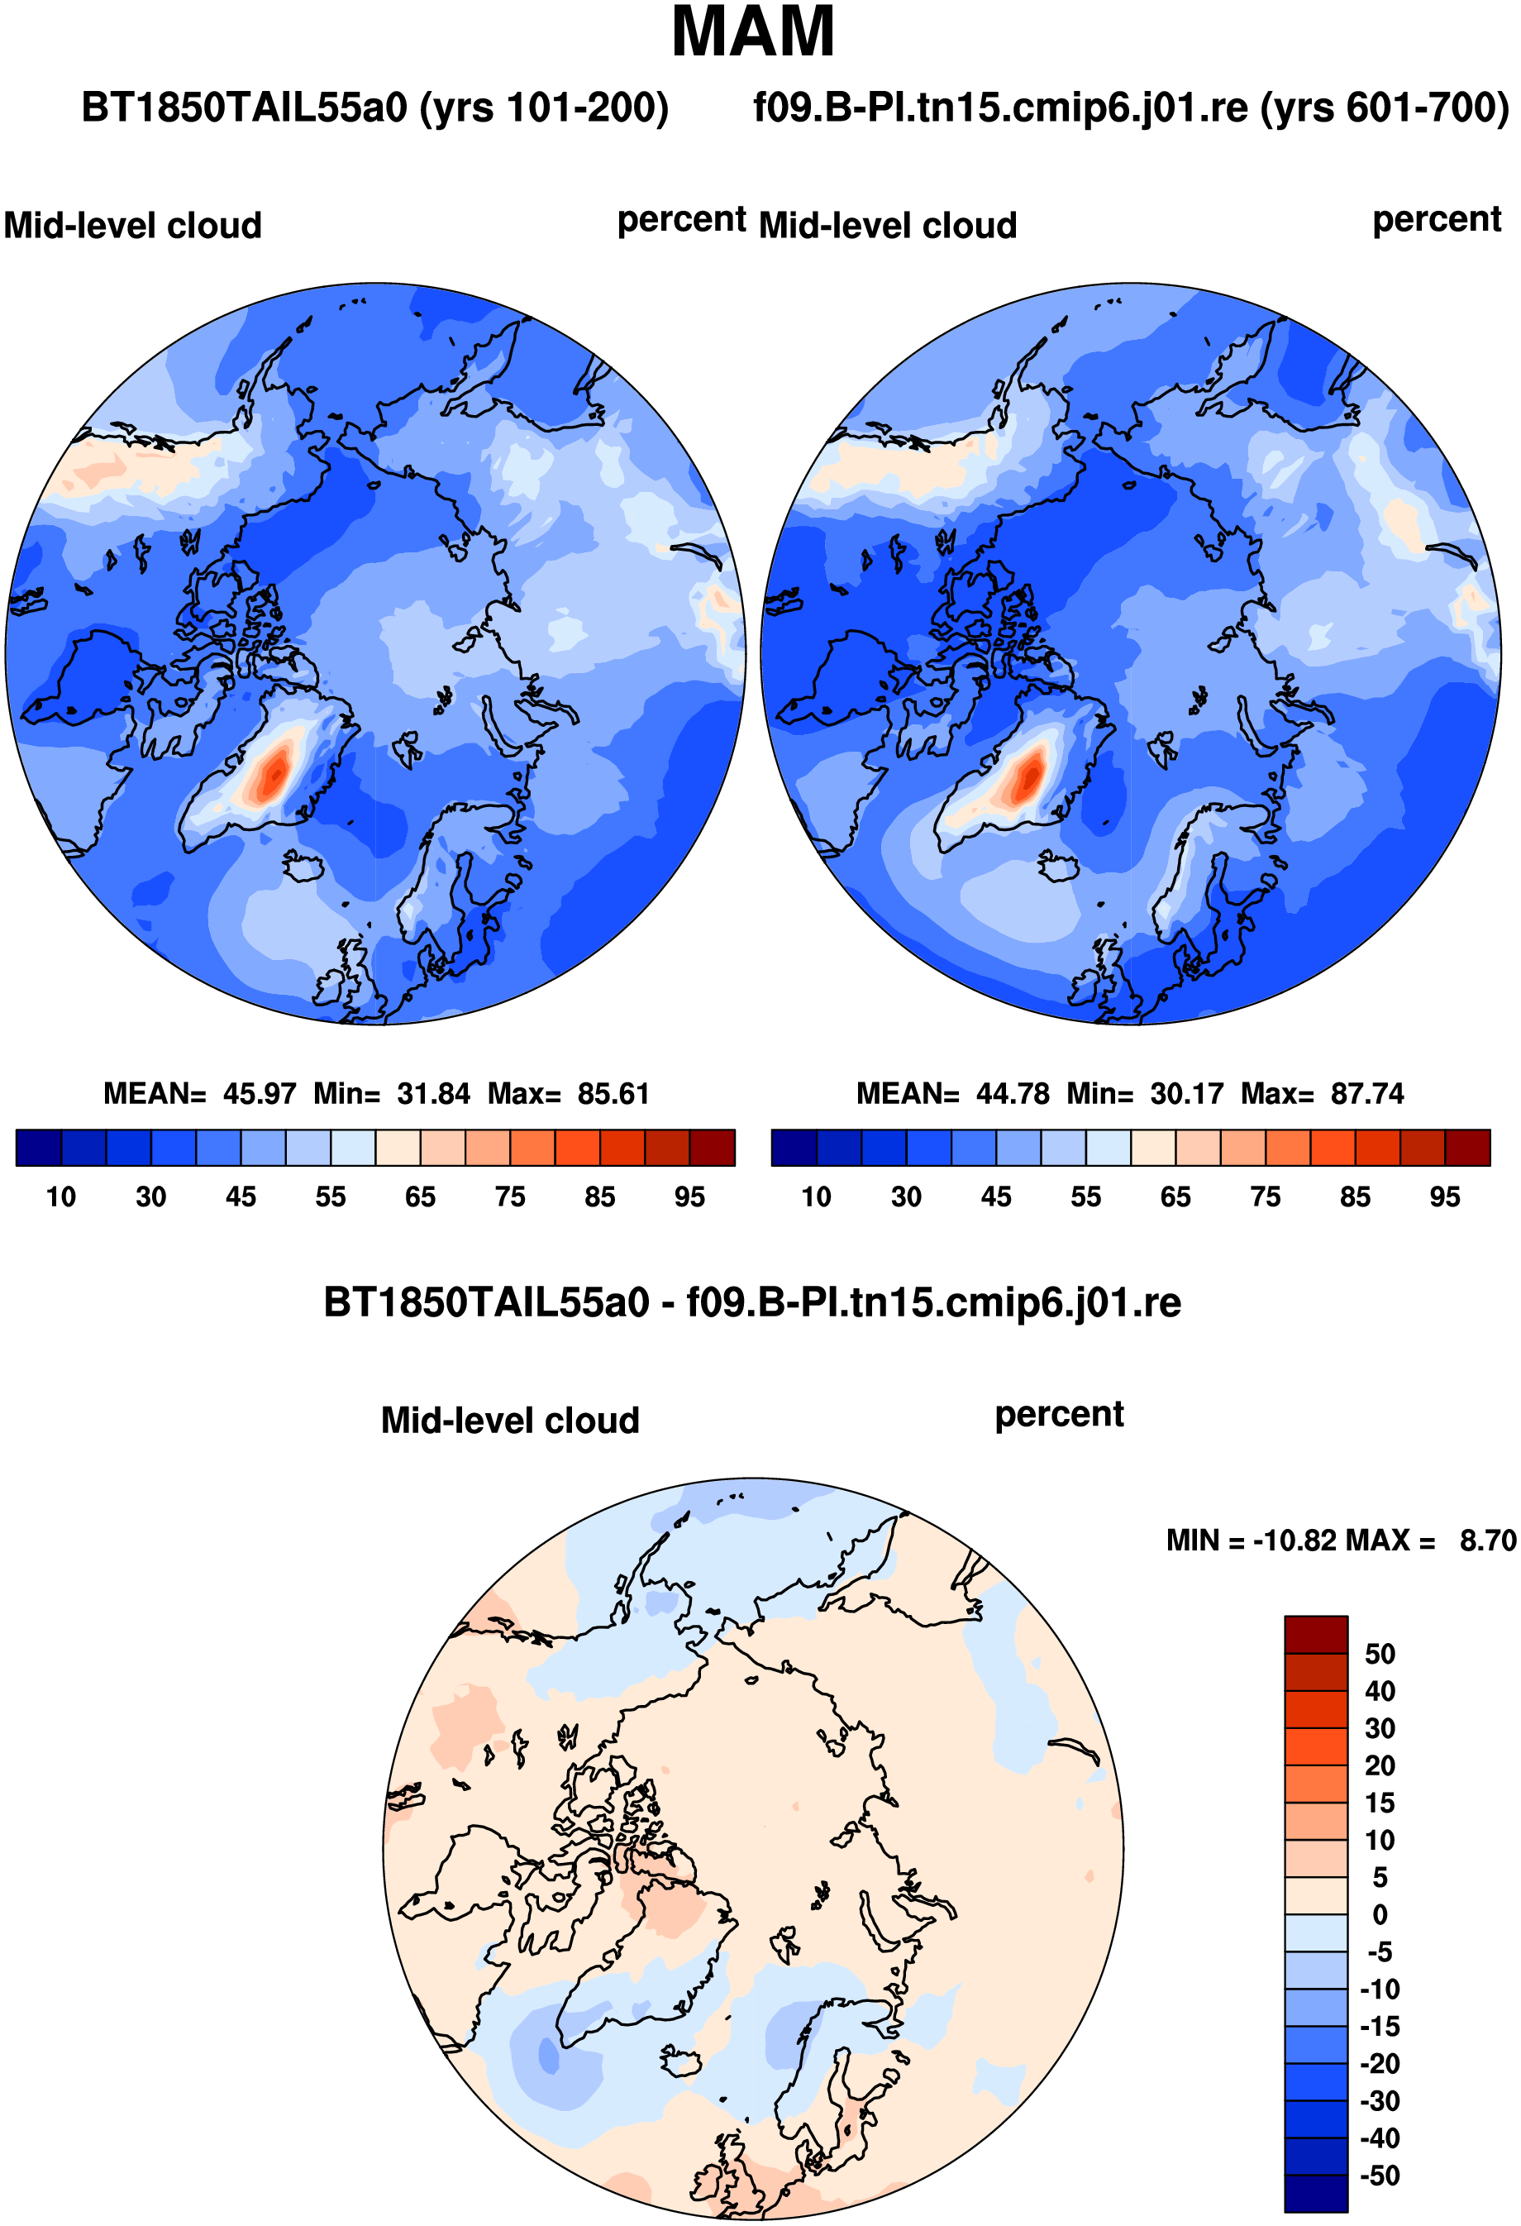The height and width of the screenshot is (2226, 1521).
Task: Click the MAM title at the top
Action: [x=753, y=32]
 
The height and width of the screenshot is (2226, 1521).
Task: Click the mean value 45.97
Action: [x=260, y=1094]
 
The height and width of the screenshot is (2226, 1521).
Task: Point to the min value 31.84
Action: [x=434, y=1094]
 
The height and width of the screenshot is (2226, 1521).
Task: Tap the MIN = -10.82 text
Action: [x=1252, y=1541]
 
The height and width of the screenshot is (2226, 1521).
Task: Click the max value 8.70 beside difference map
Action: [x=1487, y=1541]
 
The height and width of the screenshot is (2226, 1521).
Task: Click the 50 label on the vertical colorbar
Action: [x=1380, y=1654]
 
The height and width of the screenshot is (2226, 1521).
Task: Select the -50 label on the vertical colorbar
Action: [x=1380, y=2176]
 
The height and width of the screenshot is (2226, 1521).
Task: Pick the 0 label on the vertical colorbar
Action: [x=1380, y=1915]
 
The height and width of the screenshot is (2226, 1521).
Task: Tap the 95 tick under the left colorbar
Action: [x=689, y=1197]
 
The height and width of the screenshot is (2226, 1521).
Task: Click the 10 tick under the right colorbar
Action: [x=816, y=1197]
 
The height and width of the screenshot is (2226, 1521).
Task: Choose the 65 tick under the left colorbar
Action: [x=420, y=1197]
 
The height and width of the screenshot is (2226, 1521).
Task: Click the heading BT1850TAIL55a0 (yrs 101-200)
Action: [x=374, y=107]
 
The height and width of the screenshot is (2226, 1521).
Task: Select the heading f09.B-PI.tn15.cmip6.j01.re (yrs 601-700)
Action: [x=1131, y=107]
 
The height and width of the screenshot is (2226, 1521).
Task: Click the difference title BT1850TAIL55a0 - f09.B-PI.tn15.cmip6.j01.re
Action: [x=752, y=1302]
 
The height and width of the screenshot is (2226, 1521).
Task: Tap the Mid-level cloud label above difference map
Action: [x=509, y=1421]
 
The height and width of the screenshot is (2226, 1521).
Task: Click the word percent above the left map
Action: [x=681, y=220]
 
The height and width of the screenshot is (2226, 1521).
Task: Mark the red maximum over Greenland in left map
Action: [x=275, y=769]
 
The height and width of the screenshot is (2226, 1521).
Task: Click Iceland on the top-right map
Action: [x=1058, y=867]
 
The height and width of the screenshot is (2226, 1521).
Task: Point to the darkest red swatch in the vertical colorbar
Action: [x=1316, y=1634]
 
